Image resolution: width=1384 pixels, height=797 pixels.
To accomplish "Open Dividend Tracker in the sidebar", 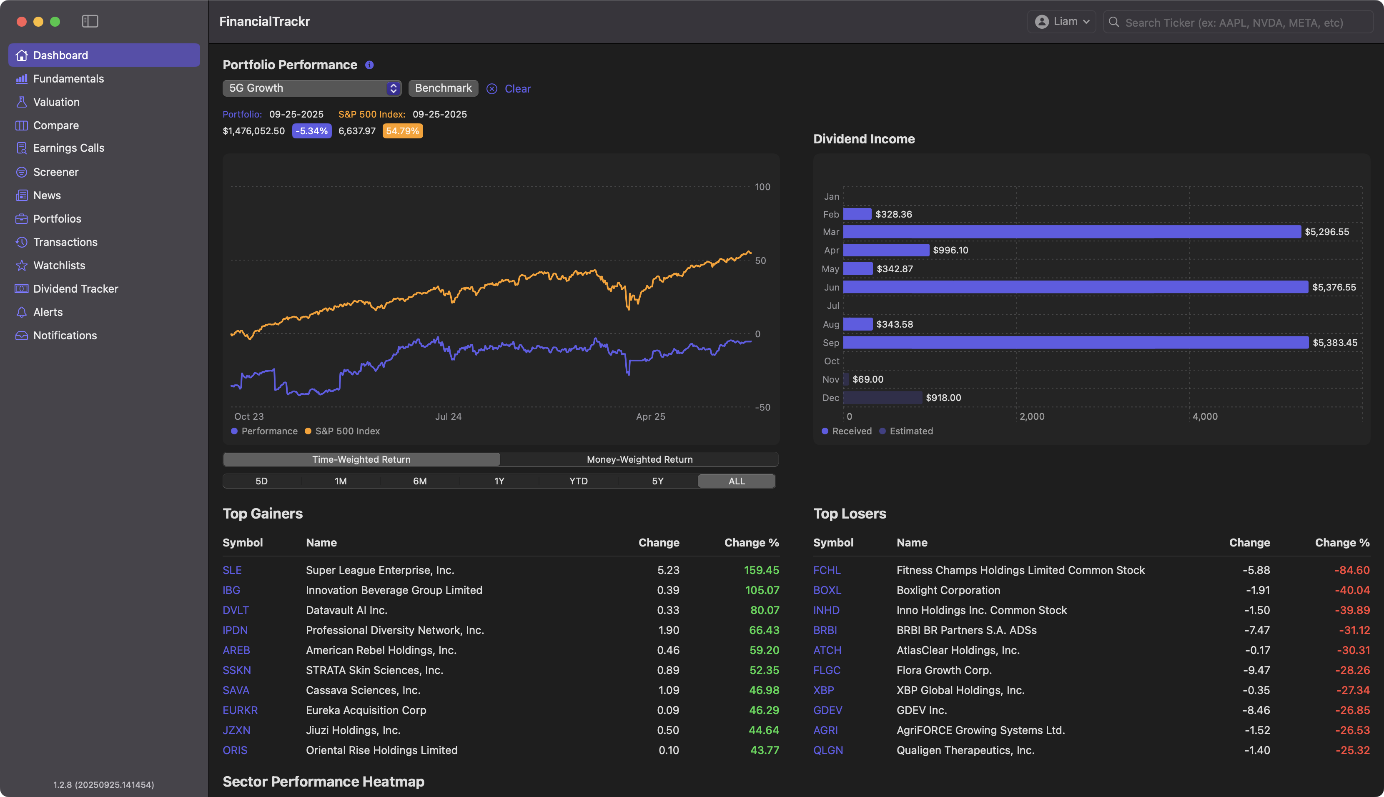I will [75, 288].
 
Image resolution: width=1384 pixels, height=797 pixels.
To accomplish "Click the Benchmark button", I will [443, 88].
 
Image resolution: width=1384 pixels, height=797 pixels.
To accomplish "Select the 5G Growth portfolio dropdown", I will [311, 88].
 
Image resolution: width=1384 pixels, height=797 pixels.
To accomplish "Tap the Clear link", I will [517, 89].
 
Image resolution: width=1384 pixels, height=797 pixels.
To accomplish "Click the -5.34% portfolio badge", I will [311, 131].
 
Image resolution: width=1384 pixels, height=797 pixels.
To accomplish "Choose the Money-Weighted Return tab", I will [639, 459].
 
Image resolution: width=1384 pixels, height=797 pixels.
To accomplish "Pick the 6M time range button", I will [419, 481].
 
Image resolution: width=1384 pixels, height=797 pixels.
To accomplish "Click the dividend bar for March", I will [1071, 231].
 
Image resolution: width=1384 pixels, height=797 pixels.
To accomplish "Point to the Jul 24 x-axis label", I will [448, 416].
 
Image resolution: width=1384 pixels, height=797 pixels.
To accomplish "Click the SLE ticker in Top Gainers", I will [232, 570].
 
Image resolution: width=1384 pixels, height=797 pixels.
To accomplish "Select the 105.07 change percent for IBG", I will [762, 590].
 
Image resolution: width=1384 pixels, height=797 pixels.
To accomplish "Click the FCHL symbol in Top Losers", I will [826, 570].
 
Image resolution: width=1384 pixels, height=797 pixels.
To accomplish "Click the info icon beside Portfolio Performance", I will [369, 65].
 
